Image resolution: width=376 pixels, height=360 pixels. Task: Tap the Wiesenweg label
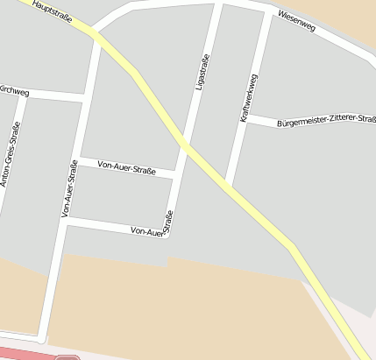[295, 21]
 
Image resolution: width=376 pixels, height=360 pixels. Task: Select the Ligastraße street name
[202, 72]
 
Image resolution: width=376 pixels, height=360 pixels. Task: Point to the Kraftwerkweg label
[248, 97]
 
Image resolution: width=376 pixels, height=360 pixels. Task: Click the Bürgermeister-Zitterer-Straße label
[325, 124]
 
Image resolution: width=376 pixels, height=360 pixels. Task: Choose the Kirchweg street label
[15, 90]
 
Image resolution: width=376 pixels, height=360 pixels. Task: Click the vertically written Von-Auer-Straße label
[69, 190]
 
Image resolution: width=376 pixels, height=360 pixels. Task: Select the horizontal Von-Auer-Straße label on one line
[126, 166]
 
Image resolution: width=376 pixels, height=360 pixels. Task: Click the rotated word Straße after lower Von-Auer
[168, 223]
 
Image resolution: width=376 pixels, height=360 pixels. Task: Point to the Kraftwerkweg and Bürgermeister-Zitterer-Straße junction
[245, 120]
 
